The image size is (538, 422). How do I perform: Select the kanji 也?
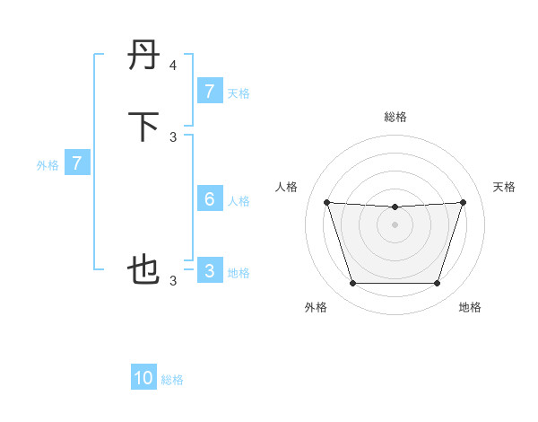click(x=145, y=270)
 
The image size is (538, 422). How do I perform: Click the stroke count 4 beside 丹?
click(x=173, y=66)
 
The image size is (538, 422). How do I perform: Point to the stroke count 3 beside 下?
click(x=173, y=136)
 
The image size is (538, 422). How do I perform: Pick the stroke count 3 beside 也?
click(x=173, y=281)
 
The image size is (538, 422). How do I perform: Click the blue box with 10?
click(x=143, y=378)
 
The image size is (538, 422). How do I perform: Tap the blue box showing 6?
click(x=209, y=199)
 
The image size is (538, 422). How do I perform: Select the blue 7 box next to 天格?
click(x=209, y=91)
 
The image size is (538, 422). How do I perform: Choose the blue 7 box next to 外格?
click(x=77, y=163)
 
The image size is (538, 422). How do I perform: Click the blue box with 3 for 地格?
click(x=209, y=271)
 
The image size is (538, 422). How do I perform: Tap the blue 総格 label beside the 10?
click(x=172, y=380)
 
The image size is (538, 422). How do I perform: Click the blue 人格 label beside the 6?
click(x=239, y=201)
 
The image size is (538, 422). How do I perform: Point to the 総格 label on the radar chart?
click(x=395, y=117)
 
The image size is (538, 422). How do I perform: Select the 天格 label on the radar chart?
click(x=504, y=187)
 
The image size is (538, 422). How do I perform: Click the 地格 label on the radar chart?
click(x=470, y=307)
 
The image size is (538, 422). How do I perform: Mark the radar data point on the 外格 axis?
click(x=352, y=284)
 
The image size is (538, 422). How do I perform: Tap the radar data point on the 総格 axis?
click(x=395, y=207)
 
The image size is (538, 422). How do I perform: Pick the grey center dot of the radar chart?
click(x=395, y=224)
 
